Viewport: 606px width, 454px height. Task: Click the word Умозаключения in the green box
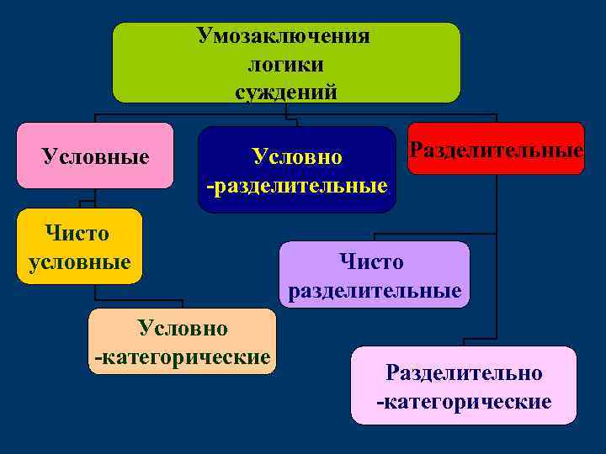pos(284,36)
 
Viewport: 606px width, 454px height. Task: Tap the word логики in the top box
pos(286,64)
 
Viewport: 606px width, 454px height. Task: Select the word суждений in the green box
pos(286,92)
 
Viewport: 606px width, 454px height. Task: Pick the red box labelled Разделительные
pos(496,149)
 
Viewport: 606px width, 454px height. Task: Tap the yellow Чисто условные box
pos(79,245)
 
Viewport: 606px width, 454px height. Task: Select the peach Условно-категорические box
pos(182,341)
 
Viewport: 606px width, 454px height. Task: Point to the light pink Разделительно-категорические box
pos(464,386)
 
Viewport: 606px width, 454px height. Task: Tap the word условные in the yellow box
pos(79,261)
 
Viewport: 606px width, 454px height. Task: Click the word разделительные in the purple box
pos(375,291)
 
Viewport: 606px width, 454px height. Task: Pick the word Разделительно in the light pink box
pos(464,372)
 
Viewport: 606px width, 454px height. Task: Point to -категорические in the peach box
pos(182,357)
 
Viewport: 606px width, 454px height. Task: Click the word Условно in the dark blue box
pos(297,156)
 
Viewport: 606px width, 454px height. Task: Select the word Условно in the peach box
pos(183,327)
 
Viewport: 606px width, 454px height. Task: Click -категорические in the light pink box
pos(464,401)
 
